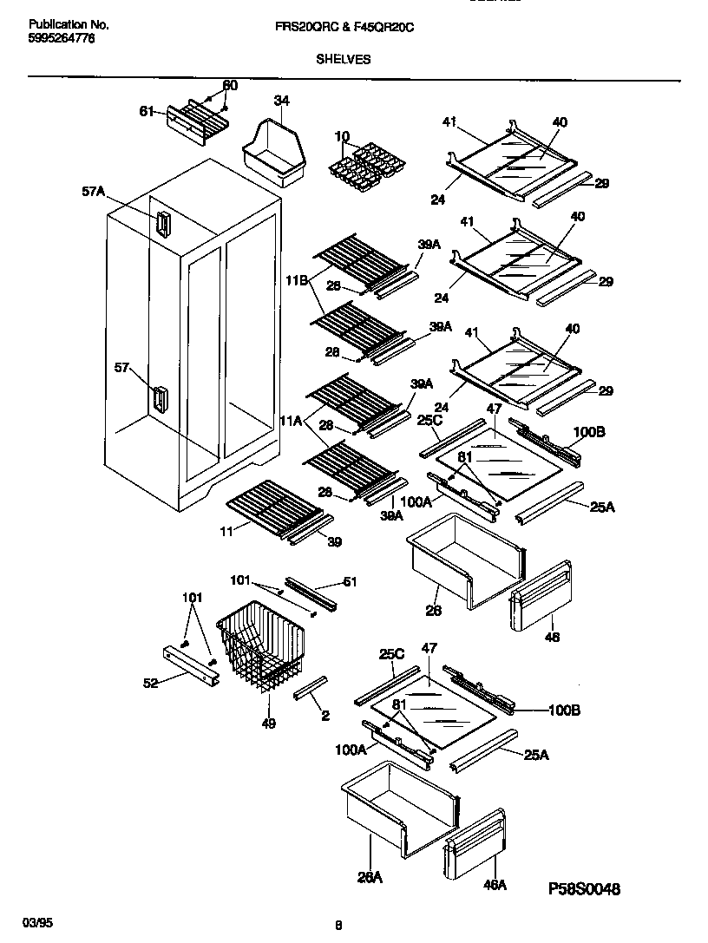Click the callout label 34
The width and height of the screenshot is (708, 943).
pyautogui.click(x=281, y=101)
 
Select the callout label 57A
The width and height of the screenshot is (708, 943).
pyautogui.click(x=93, y=193)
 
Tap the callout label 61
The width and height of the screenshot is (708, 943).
pyautogui.click(x=147, y=111)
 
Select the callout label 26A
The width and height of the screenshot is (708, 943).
pyautogui.click(x=370, y=878)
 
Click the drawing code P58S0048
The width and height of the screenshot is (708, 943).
pyautogui.click(x=585, y=889)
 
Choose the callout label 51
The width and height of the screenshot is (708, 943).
pyautogui.click(x=349, y=581)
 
